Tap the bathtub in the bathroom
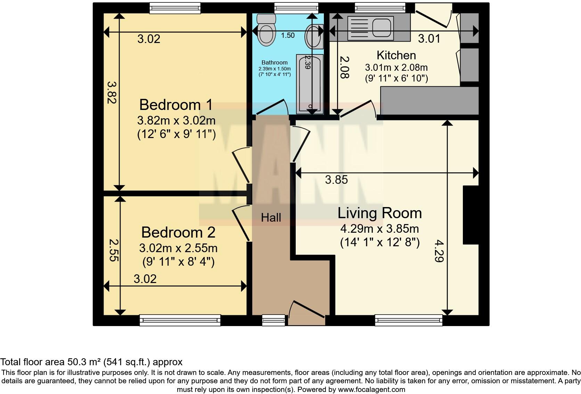point(309,83)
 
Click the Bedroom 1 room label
point(176,104)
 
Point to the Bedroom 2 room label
point(178,232)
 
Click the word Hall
point(271,218)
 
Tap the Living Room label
point(379,213)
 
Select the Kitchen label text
point(396,55)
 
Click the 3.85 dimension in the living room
point(336,180)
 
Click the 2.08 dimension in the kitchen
point(344,67)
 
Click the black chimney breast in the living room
point(470,215)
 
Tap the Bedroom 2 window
point(180,320)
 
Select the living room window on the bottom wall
point(408,320)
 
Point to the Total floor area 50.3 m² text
point(91,362)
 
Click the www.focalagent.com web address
point(371,389)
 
